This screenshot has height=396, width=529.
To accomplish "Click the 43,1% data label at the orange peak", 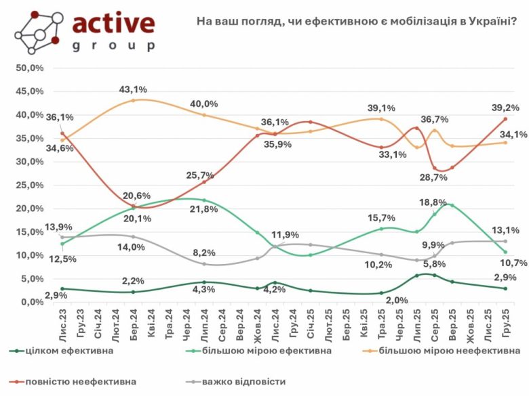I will tap(134, 89).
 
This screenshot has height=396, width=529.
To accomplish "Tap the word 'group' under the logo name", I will tap(113, 47).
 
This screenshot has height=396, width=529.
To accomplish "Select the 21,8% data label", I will tap(204, 210).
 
